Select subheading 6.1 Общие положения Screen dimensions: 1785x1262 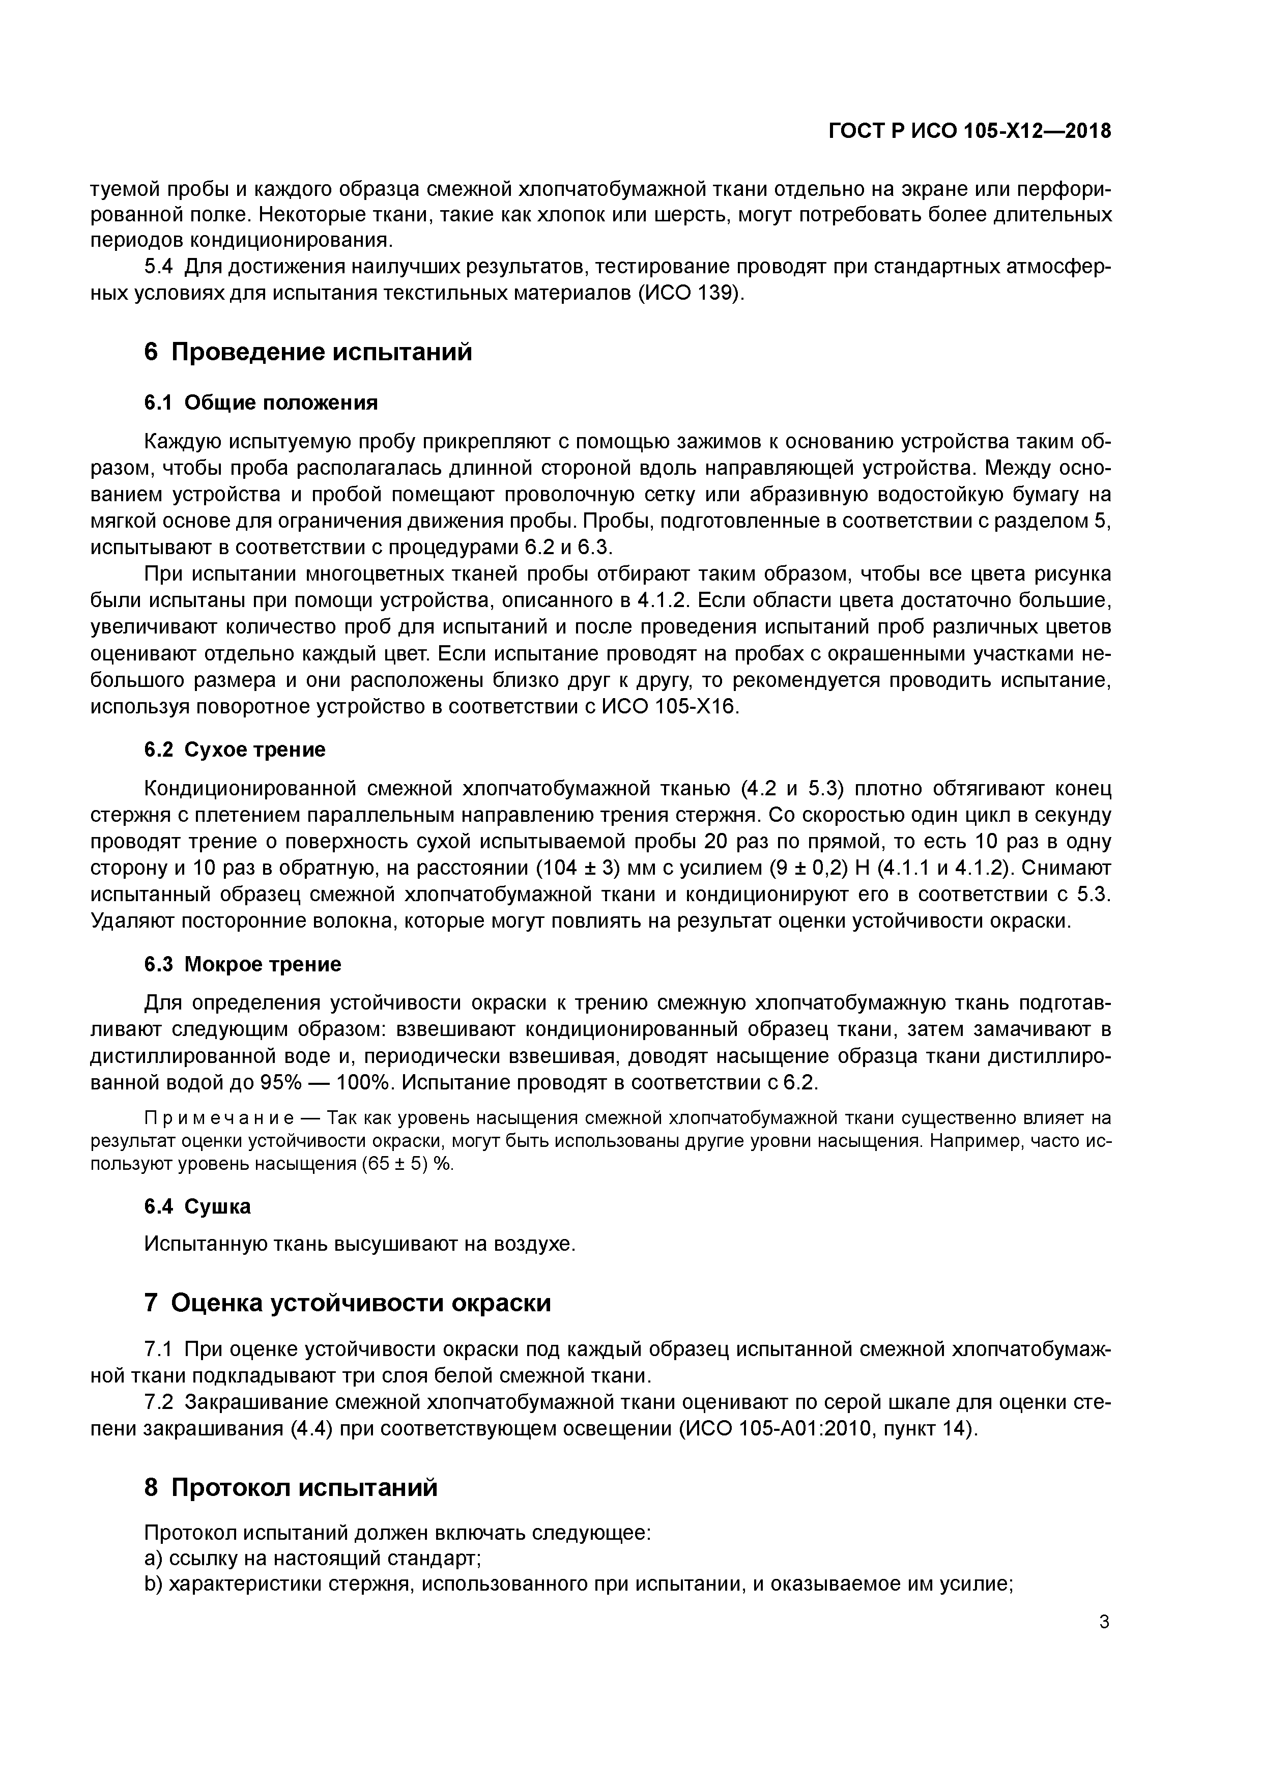click(261, 402)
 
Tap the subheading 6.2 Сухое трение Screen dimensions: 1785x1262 click(235, 750)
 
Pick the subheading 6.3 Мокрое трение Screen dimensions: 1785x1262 click(243, 964)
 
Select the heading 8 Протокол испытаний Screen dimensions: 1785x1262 click(291, 1487)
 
